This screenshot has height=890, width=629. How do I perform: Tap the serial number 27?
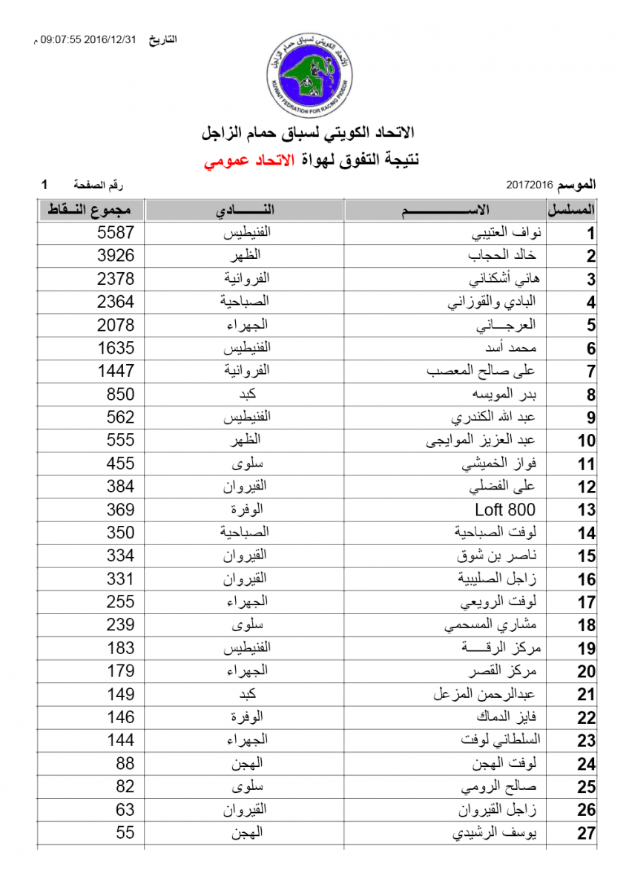(586, 834)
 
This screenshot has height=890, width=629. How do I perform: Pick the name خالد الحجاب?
(501, 256)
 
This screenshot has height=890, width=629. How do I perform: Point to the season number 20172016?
(530, 183)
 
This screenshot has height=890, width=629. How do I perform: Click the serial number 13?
(586, 510)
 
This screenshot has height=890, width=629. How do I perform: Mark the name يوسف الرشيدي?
(494, 833)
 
